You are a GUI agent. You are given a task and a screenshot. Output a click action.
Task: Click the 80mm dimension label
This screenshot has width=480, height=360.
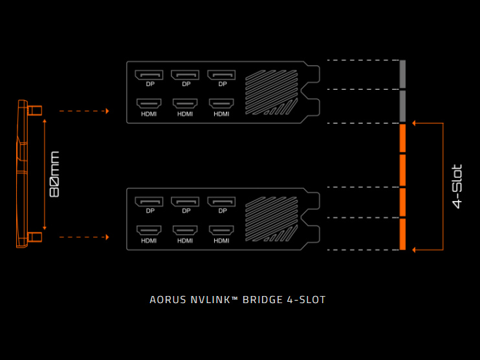[54, 174]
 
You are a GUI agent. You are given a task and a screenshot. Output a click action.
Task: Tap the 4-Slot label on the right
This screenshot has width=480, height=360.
[457, 187]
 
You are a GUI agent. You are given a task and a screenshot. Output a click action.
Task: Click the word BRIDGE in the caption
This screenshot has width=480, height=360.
[264, 300]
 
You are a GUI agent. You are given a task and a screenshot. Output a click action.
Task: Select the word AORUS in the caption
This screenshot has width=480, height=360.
[166, 300]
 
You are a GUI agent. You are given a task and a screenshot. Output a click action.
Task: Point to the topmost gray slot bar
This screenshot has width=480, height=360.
[402, 74]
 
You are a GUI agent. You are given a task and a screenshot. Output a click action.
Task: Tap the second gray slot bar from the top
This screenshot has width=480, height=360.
[402, 105]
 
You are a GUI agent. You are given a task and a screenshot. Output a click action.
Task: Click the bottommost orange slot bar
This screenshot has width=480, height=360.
[402, 233]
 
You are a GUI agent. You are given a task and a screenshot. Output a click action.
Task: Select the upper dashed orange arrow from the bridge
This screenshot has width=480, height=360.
[84, 111]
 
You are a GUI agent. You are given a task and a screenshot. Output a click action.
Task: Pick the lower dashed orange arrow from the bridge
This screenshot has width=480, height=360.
[84, 237]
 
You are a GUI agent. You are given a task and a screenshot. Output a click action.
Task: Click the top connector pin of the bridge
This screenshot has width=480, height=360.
[36, 110]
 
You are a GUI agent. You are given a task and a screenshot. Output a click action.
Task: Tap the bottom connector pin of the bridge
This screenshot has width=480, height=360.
[36, 237]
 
